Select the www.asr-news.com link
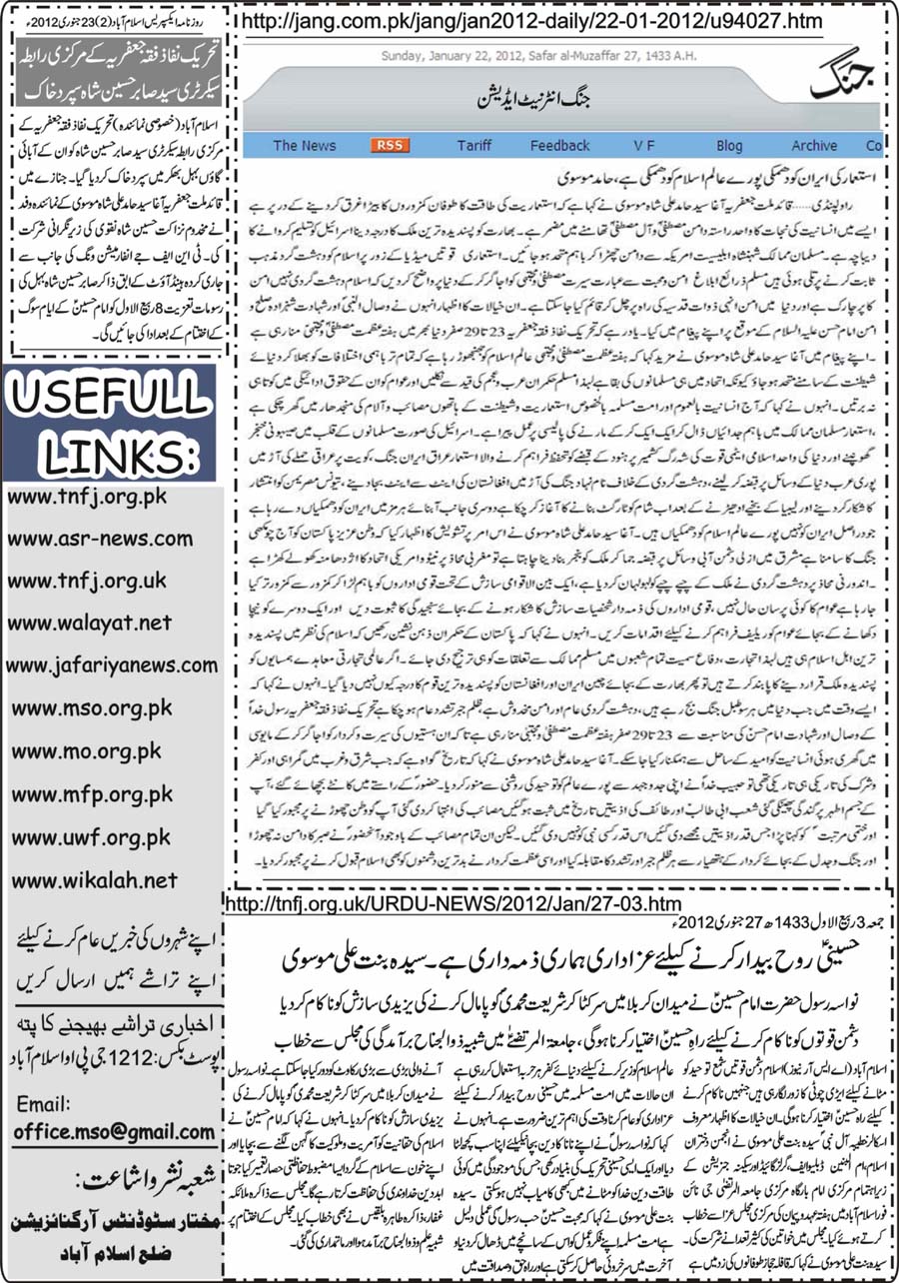coord(100,540)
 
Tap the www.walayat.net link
coord(90,624)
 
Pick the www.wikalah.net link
coord(92,880)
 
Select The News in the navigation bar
coord(305,146)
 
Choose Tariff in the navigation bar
coord(474,146)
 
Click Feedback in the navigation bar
coord(560,146)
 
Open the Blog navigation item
coord(729,146)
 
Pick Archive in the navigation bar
coord(814,146)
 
